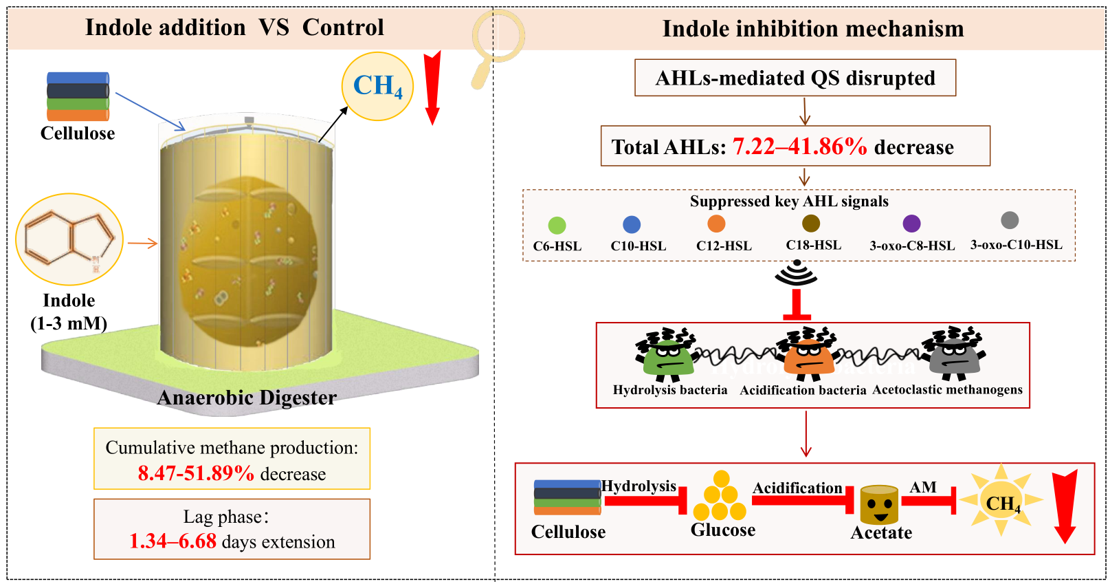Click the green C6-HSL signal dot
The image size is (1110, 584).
(x=557, y=226)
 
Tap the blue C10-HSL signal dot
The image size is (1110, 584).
(x=632, y=224)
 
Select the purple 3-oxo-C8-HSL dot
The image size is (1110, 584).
(x=911, y=224)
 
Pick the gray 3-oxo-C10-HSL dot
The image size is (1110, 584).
(x=1010, y=220)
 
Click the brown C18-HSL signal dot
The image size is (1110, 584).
(x=811, y=223)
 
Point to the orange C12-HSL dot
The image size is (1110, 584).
(x=716, y=224)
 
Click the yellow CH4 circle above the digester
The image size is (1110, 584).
(x=377, y=86)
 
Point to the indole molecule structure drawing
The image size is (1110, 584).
(x=69, y=239)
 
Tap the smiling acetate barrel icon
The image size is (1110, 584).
(x=879, y=505)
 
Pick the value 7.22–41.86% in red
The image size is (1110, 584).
(x=800, y=147)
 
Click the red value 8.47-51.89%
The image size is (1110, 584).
(x=196, y=473)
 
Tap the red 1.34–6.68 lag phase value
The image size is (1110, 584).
(x=173, y=541)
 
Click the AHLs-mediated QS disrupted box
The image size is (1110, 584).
(x=795, y=78)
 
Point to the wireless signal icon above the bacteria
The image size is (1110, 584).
(x=797, y=272)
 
